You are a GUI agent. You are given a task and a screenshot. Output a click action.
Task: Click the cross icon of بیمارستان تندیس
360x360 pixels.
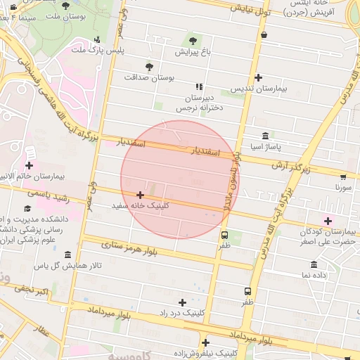[x=259, y=78]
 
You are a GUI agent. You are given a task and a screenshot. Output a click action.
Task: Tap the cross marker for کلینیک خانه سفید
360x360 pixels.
[x=141, y=195]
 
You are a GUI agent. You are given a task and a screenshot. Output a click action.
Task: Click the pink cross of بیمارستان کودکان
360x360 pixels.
[x=328, y=221]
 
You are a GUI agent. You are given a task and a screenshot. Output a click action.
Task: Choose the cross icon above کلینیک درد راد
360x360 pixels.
[x=183, y=302]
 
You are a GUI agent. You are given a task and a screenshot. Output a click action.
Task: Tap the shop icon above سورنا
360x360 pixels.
[x=343, y=177]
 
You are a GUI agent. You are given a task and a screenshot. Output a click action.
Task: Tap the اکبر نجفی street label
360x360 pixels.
[x=33, y=290]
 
